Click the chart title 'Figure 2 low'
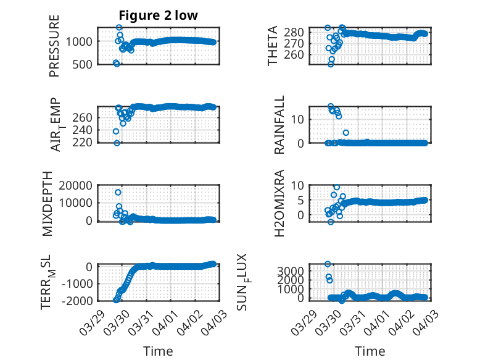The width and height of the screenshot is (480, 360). click(159, 15)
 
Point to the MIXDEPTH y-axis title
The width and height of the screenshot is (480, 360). click(49, 203)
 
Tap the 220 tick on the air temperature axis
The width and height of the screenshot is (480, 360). click(85, 143)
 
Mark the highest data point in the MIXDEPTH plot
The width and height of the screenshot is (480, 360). click(118, 193)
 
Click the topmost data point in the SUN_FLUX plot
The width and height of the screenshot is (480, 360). click(328, 264)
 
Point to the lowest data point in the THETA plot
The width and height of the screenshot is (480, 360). click(331, 64)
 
